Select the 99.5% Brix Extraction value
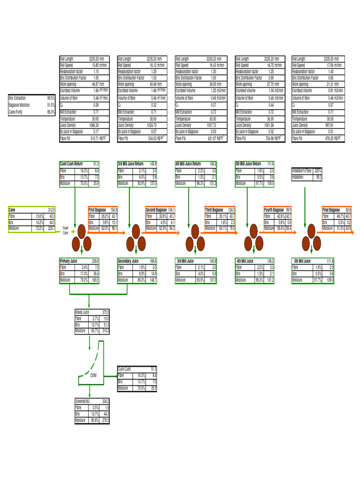click(51, 98)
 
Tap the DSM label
click(94, 375)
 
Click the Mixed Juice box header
click(82, 312)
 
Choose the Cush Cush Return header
click(71, 164)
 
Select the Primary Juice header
click(68, 261)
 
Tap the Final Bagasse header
click(331, 210)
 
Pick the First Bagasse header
click(98, 210)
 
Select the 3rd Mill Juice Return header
click(131, 164)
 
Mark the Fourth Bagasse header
click(275, 210)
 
